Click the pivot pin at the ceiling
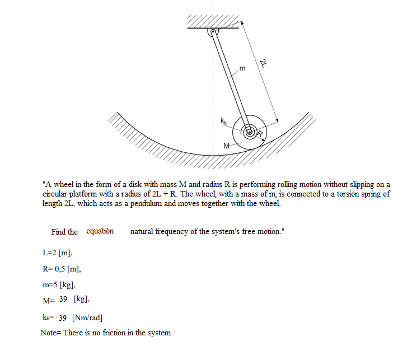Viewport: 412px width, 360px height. [x=213, y=32]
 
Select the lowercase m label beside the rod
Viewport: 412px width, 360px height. [x=242, y=68]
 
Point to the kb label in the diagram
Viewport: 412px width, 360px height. [x=223, y=120]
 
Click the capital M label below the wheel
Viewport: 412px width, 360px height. [x=226, y=146]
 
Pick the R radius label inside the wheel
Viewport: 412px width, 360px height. [x=260, y=133]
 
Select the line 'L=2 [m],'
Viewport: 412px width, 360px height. [x=57, y=253]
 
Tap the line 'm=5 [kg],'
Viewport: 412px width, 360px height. [x=59, y=284]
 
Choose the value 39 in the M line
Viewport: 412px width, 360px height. [x=63, y=299]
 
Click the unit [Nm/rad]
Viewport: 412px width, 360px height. [x=87, y=317]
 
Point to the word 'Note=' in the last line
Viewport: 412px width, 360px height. [x=51, y=333]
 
